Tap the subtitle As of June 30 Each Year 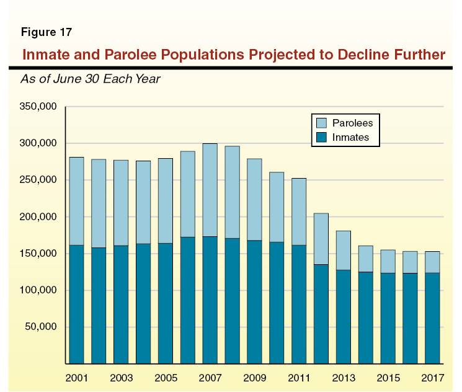click(91, 79)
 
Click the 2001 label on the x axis click(76, 377)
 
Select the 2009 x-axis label click(254, 377)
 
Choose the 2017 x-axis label click(432, 377)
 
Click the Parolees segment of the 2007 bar click(210, 190)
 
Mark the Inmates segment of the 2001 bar click(76, 304)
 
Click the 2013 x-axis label click(344, 377)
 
